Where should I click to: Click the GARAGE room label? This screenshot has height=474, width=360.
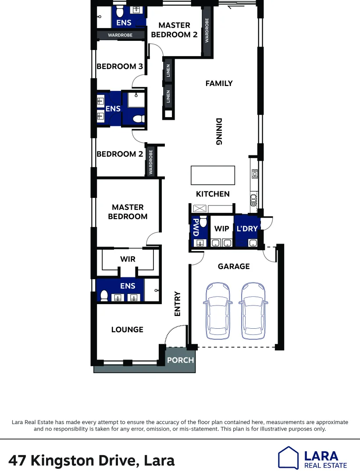point(234,266)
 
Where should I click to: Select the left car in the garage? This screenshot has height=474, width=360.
point(217,311)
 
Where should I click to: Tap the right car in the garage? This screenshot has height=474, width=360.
point(253,311)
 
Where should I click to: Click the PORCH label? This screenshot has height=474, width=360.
point(180,360)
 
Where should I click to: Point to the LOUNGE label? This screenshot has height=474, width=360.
point(127,330)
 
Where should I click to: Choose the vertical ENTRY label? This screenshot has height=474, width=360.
point(178,304)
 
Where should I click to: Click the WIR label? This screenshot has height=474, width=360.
point(128,259)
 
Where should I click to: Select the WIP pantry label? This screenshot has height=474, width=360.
point(221,229)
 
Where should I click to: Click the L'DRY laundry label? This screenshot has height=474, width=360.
point(247,229)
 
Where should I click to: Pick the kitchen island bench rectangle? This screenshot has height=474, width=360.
point(213,175)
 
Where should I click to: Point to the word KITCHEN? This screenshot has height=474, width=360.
point(213,194)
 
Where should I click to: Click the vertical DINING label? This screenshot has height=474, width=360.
point(219,131)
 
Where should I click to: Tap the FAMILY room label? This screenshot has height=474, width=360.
point(219,83)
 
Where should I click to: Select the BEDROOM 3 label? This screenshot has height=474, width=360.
point(120,67)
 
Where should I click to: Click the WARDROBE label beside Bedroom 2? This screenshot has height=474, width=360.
point(151,162)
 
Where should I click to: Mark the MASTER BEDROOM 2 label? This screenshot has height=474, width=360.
point(174,30)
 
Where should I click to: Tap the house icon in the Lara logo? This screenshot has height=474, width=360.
point(289,458)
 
